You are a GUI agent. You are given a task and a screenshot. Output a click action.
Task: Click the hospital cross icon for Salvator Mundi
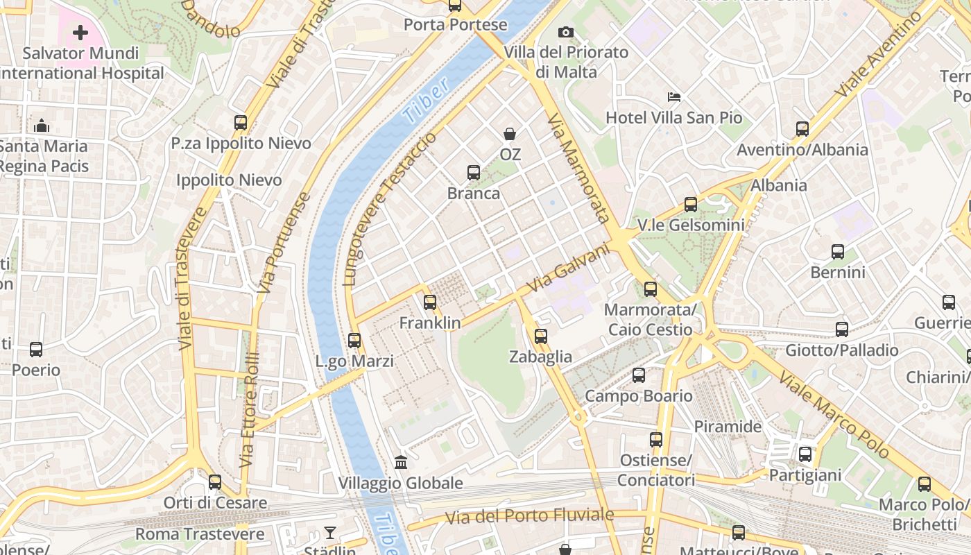pos(80,33)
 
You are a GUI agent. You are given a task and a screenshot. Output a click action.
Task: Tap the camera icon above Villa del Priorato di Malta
pos(566,32)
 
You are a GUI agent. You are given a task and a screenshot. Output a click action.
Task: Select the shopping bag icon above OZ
pos(510,134)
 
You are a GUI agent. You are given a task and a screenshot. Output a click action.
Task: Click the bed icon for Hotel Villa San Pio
pos(673,97)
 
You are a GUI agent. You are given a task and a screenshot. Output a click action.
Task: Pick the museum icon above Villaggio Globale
pos(400,462)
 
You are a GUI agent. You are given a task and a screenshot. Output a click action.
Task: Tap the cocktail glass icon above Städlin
pos(330,533)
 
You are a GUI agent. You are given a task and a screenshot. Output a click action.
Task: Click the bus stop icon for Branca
pos(474,173)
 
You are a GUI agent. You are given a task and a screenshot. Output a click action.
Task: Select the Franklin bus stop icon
pos(430,302)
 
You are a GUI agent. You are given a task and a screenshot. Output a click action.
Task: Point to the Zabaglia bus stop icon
pos(541,336)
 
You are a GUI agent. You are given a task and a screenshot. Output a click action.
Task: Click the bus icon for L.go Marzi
pos(354,341)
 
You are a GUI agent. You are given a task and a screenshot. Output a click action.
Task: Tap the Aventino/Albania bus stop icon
pos(802,128)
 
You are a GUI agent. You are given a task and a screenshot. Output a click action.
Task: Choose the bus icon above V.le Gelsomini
pos(691,204)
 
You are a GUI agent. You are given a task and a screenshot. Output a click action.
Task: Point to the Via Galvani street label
pos(568,268)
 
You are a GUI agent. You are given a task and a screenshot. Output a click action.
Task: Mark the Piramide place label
pos(728,426)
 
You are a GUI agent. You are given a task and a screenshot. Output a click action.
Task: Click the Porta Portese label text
pos(455,25)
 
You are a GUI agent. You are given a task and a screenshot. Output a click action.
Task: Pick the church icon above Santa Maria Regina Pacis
pos(42,126)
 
